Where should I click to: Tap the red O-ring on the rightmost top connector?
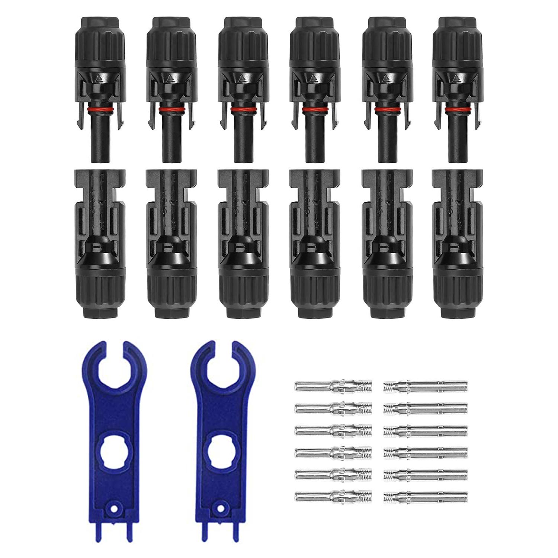pos(458,109)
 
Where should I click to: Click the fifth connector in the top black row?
pos(387,89)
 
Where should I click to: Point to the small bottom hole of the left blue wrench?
pos(114,509)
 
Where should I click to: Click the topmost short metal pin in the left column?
pos(333,386)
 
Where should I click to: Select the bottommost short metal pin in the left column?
pos(333,496)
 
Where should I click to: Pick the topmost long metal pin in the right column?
pos(425,386)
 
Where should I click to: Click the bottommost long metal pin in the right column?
pos(425,496)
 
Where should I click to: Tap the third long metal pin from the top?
pos(425,430)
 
